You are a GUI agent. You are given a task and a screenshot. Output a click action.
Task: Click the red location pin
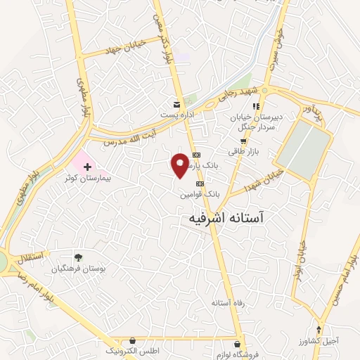click(x=181, y=165)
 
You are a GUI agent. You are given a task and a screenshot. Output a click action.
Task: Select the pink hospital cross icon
click(x=87, y=167)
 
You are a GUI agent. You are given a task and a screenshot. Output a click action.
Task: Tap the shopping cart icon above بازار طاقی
click(x=243, y=141)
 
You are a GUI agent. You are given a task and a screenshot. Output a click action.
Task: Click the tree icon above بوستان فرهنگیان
click(x=78, y=257)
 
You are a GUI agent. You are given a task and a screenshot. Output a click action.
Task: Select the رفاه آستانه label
click(x=227, y=302)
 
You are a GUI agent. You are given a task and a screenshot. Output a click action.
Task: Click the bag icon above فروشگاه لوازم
click(x=238, y=342)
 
